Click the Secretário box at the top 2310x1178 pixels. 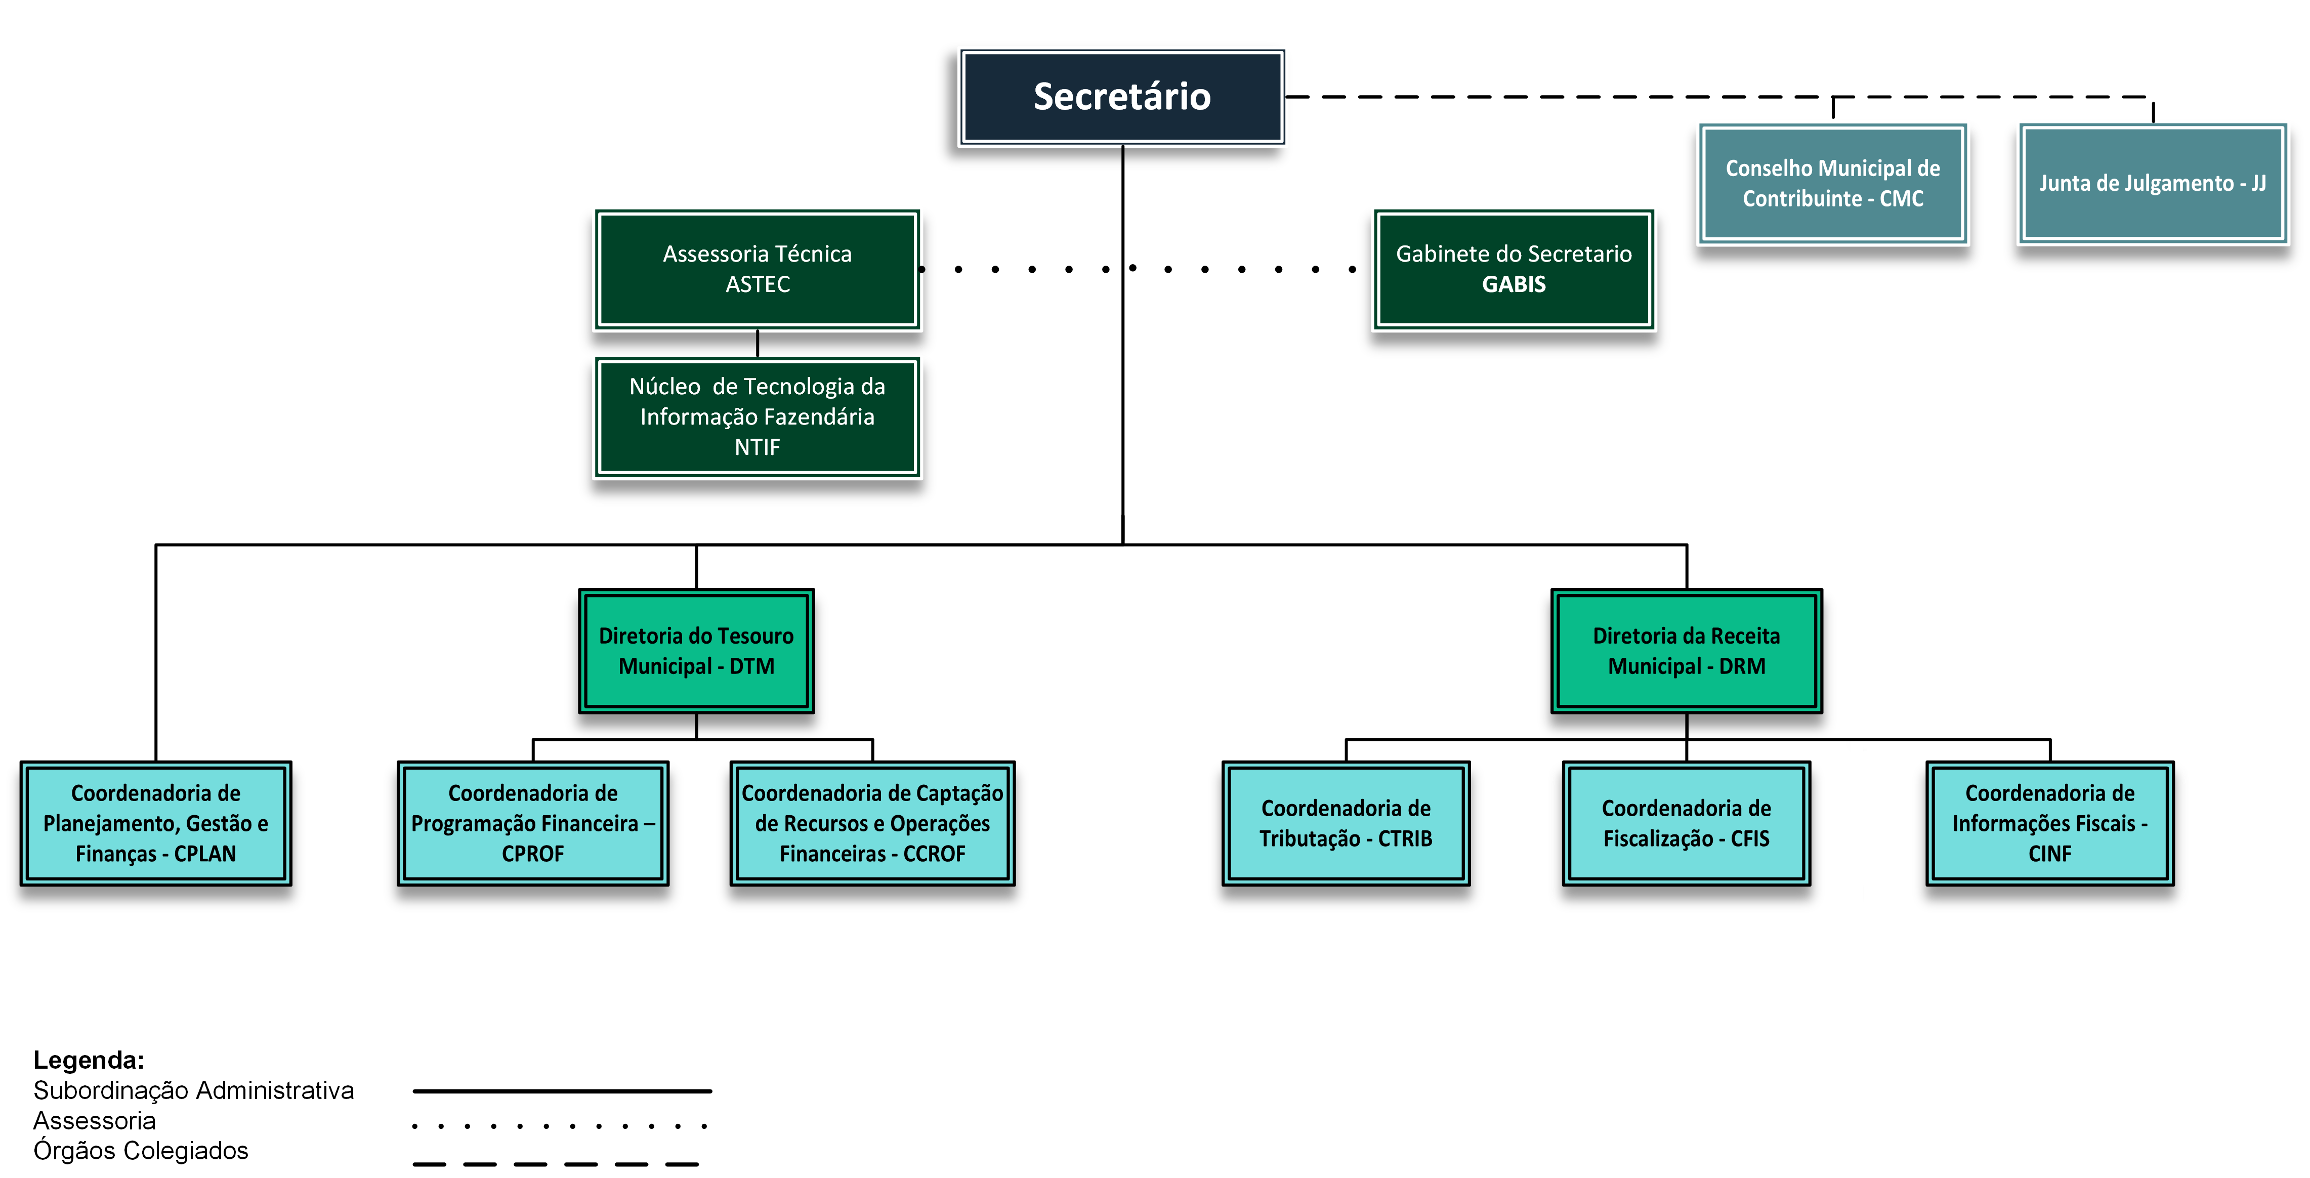(1122, 97)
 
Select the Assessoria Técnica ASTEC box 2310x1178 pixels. (757, 269)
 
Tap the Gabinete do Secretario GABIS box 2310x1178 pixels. (1513, 269)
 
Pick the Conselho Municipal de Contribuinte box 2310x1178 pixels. (1832, 183)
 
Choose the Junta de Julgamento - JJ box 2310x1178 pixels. (2152, 183)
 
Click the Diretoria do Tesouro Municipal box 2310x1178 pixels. (696, 651)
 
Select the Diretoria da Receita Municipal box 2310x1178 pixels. (1686, 651)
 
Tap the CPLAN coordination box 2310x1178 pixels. (156, 823)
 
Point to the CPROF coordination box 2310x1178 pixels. (533, 823)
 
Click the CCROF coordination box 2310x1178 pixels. (872, 823)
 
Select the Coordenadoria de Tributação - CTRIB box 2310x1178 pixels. (1345, 823)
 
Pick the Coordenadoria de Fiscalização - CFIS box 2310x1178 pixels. (1686, 823)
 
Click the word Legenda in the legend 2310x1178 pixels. (89, 1060)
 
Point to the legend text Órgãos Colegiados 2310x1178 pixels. (141, 1150)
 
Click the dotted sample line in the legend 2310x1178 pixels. (561, 1125)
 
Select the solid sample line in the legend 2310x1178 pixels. (562, 1091)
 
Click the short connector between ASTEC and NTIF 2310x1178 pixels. (758, 344)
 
